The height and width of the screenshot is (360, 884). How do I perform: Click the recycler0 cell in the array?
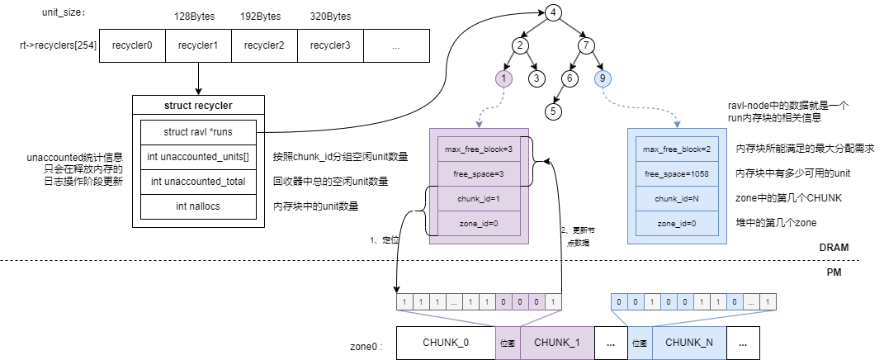coord(133,45)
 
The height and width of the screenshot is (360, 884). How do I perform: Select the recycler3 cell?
coord(330,45)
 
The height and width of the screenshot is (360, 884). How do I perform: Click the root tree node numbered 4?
coord(553,13)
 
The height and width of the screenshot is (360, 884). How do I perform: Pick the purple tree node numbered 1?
coord(503,78)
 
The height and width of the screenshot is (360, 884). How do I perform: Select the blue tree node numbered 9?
coord(603,78)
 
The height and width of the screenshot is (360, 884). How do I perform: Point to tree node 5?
coord(553,111)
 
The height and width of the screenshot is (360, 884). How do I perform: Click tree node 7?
coord(586,45)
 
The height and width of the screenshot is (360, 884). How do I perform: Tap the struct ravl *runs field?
coord(198,132)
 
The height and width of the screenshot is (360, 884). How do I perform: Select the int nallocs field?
coord(198,206)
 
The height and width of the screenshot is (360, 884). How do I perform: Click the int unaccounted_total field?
coord(198,182)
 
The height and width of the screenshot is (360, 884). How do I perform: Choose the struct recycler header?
coord(198,106)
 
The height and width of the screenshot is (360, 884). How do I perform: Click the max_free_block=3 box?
coord(480,149)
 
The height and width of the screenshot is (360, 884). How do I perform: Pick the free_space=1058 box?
coord(677,173)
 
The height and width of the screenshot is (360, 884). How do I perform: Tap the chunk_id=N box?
coord(677,199)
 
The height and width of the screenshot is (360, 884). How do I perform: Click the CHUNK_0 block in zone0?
coord(446,343)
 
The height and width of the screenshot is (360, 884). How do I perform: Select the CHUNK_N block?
coord(689,343)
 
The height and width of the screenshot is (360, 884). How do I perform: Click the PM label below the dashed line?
coord(834,272)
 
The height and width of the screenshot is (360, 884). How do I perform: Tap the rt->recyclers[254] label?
coord(58,45)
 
